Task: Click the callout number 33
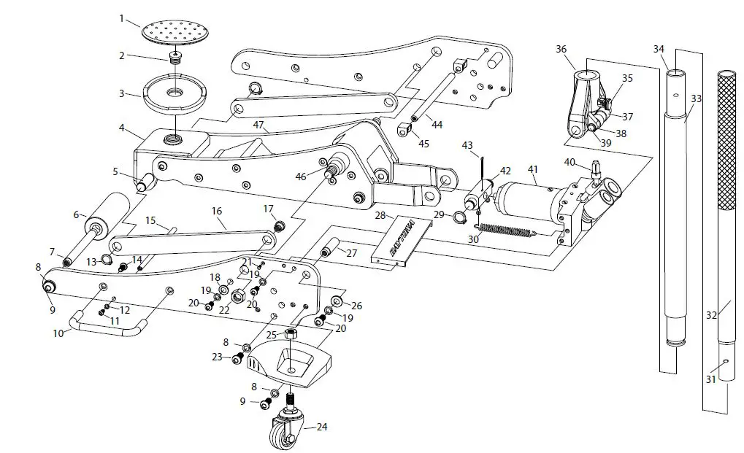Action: (695, 98)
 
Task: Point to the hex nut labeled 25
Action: (290, 334)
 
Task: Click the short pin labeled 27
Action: (326, 254)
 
